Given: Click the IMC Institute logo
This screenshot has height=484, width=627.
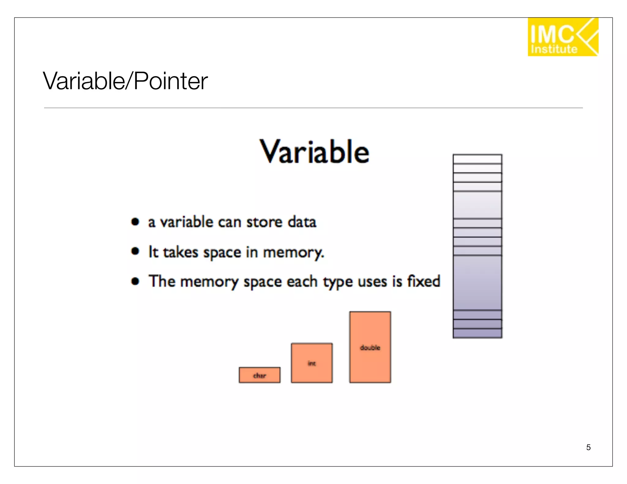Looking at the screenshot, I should click(563, 37).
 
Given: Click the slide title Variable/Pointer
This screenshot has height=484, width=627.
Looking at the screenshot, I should click(125, 81).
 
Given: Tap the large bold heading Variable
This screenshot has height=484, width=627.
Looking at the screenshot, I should click(314, 152).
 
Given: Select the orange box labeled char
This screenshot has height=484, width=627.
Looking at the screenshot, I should click(259, 375).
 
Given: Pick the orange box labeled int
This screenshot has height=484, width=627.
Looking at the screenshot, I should click(312, 363).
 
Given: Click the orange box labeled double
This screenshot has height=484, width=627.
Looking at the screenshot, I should click(370, 347).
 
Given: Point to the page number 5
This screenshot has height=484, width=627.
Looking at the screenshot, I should click(588, 447).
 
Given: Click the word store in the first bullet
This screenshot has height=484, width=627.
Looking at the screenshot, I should click(265, 222).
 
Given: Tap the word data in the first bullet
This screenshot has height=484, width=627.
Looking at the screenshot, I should click(302, 222).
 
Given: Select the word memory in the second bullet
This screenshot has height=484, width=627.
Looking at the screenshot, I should click(293, 253).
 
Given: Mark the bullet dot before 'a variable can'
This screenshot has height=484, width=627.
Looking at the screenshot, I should click(135, 222).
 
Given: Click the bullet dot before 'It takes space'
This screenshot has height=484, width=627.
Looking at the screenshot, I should click(135, 251).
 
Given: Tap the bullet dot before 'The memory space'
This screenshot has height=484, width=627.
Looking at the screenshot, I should click(135, 281).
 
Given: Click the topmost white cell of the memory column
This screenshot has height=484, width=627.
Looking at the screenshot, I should click(477, 159).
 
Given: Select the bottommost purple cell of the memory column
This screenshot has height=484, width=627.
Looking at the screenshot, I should click(477, 333).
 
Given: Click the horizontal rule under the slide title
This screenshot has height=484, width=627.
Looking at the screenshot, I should click(313, 108).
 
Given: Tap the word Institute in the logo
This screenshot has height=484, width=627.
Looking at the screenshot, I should click(554, 49).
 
